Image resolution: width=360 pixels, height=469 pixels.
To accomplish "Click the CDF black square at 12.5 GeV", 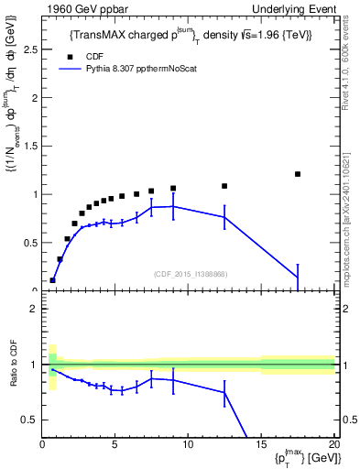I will point(224,186).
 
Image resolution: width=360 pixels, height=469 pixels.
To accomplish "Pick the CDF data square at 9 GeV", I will point(173,189).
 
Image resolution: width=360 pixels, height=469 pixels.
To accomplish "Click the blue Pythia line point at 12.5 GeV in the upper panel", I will point(224,217).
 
